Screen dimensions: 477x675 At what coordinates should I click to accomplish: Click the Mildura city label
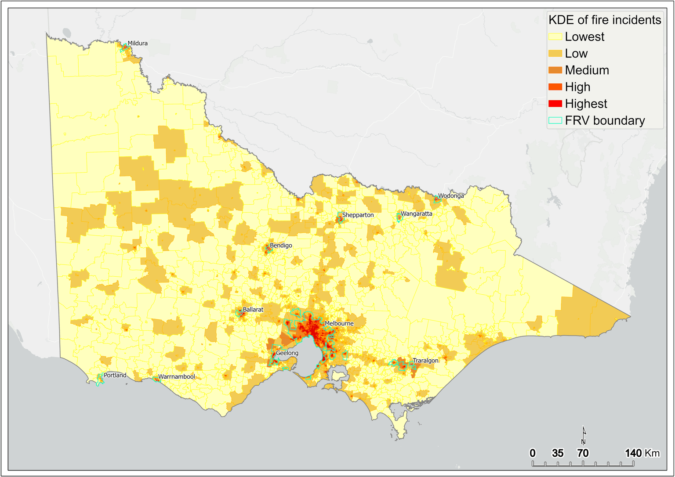(138, 43)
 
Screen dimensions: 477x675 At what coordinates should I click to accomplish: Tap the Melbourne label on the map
(339, 324)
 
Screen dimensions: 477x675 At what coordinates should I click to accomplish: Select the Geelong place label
(287, 353)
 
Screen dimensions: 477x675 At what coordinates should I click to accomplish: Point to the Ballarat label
(253, 310)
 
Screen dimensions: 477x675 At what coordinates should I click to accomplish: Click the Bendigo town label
(281, 246)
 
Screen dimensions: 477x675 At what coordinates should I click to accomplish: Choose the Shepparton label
(358, 215)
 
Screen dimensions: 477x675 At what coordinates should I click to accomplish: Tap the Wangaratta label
(416, 214)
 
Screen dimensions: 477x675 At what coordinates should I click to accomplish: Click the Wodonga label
(451, 196)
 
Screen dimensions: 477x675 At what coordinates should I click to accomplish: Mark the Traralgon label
(425, 361)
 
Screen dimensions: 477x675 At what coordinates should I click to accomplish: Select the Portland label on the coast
(115, 376)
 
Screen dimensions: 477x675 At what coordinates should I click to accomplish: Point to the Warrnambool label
(176, 377)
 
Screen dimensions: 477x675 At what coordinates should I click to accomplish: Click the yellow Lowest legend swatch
(555, 37)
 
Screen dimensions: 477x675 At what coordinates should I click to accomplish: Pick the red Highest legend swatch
(555, 104)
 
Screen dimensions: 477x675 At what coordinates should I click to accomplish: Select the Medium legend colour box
(555, 70)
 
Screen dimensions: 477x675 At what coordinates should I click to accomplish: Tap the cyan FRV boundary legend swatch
(555, 120)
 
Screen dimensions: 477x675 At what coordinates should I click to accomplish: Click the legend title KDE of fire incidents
(605, 20)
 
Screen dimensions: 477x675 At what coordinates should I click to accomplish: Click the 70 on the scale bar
(583, 453)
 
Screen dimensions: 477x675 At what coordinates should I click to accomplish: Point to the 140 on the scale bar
(633, 453)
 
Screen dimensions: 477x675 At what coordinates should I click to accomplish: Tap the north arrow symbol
(584, 436)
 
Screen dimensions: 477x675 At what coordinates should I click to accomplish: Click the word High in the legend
(577, 87)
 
